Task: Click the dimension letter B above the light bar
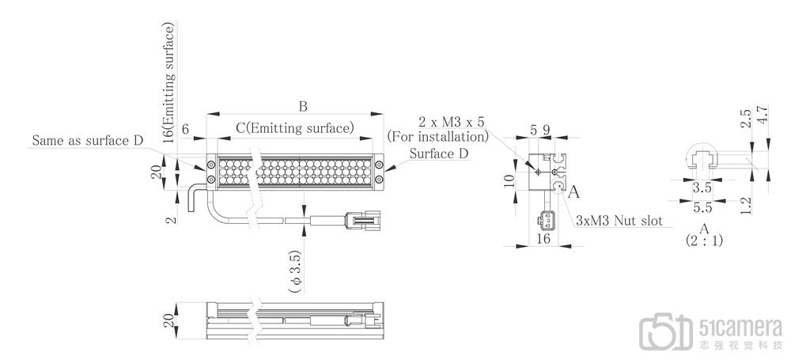[302, 107]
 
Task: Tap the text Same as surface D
[89, 141]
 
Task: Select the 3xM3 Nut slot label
[619, 220]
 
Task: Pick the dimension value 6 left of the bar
[185, 129]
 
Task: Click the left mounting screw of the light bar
[212, 165]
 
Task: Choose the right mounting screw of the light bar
[380, 165]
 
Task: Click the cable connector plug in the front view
[361, 219]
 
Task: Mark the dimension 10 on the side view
[509, 182]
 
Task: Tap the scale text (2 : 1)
[704, 238]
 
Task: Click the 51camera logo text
[741, 328]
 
